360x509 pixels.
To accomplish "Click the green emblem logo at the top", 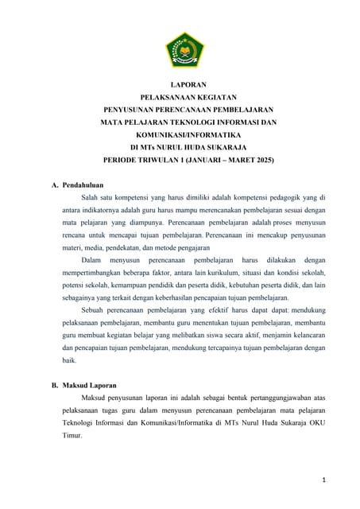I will (x=184, y=49).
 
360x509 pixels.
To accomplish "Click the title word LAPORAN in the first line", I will (x=188, y=84).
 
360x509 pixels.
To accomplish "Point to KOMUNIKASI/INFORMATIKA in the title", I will (x=188, y=134).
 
